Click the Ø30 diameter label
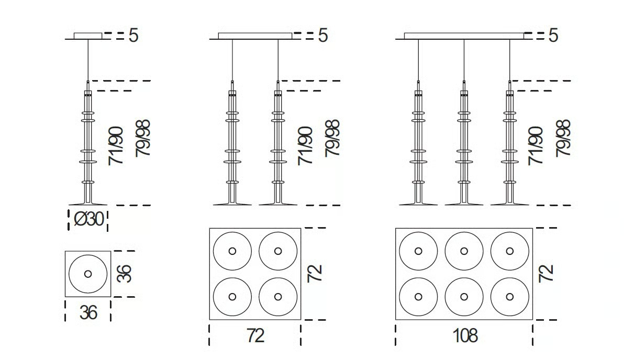point(89,219)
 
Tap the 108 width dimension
point(465,336)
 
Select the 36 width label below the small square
point(88,312)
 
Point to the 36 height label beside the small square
point(124,273)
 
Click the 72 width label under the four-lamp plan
point(255,336)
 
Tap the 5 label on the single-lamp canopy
point(133,36)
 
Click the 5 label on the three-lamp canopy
point(553,36)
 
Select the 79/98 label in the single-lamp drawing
point(142,138)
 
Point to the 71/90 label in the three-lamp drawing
point(535,145)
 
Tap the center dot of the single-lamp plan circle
point(88,274)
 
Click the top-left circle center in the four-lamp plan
point(232,251)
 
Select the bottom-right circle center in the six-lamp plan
point(510,297)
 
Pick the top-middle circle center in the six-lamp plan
point(464,251)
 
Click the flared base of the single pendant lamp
point(88,203)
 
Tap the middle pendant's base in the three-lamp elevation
point(464,203)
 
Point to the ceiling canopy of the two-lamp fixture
point(255,36)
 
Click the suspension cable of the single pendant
point(88,60)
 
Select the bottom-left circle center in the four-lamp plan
point(232,297)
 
